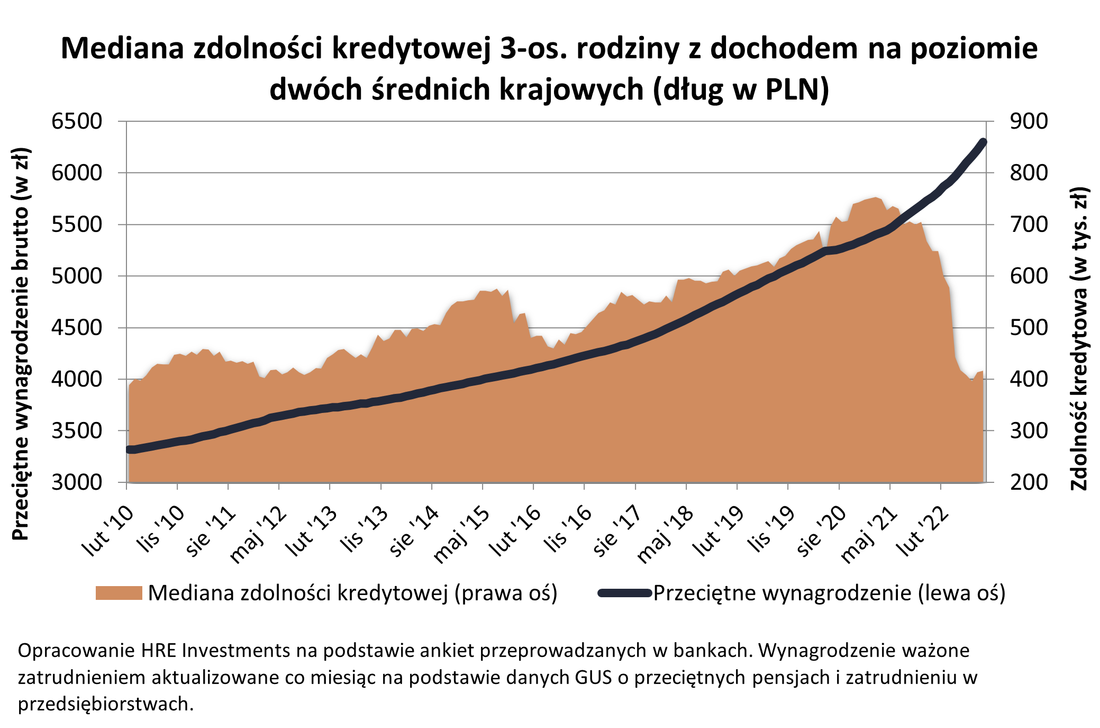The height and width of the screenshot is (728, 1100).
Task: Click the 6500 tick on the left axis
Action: [77, 121]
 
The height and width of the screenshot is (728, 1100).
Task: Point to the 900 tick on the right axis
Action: [1028, 121]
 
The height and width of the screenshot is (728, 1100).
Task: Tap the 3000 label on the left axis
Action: [77, 482]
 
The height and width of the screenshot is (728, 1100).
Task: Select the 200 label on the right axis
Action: [1028, 482]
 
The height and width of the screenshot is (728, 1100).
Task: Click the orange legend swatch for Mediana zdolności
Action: [119, 593]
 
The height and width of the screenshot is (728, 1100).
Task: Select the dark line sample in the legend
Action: [624, 593]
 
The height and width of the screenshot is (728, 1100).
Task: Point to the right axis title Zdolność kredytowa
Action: [1079, 339]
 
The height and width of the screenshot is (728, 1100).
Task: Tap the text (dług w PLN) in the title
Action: [740, 89]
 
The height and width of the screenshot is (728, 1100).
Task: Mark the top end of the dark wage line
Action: [984, 142]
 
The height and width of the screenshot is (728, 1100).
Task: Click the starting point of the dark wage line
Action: [130, 450]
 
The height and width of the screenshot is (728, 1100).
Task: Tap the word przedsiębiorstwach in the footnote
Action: [106, 704]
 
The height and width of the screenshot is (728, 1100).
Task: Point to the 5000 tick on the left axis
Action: [77, 276]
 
